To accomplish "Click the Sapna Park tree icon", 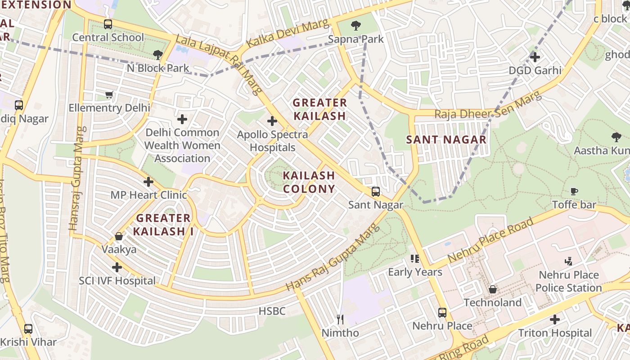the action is click(x=356, y=25).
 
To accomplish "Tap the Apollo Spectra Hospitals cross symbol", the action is click(x=272, y=121).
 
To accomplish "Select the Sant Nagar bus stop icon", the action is click(x=376, y=192).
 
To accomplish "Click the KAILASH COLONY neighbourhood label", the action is click(x=309, y=182).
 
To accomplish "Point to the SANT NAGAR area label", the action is click(x=446, y=139).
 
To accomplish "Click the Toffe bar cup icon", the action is click(x=574, y=191).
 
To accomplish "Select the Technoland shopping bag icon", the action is click(x=493, y=289).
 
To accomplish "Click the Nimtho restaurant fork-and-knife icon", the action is click(x=340, y=319).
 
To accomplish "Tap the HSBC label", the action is click(x=272, y=311).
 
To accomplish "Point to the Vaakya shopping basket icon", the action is click(x=119, y=236).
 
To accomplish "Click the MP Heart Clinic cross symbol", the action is click(x=148, y=182).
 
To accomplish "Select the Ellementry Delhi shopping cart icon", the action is click(x=109, y=94).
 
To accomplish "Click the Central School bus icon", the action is click(x=108, y=24).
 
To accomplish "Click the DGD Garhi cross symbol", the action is click(x=535, y=57).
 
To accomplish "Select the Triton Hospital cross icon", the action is click(x=555, y=319).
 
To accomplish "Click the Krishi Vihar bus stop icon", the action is click(x=28, y=328).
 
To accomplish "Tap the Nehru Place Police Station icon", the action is click(x=569, y=261).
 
